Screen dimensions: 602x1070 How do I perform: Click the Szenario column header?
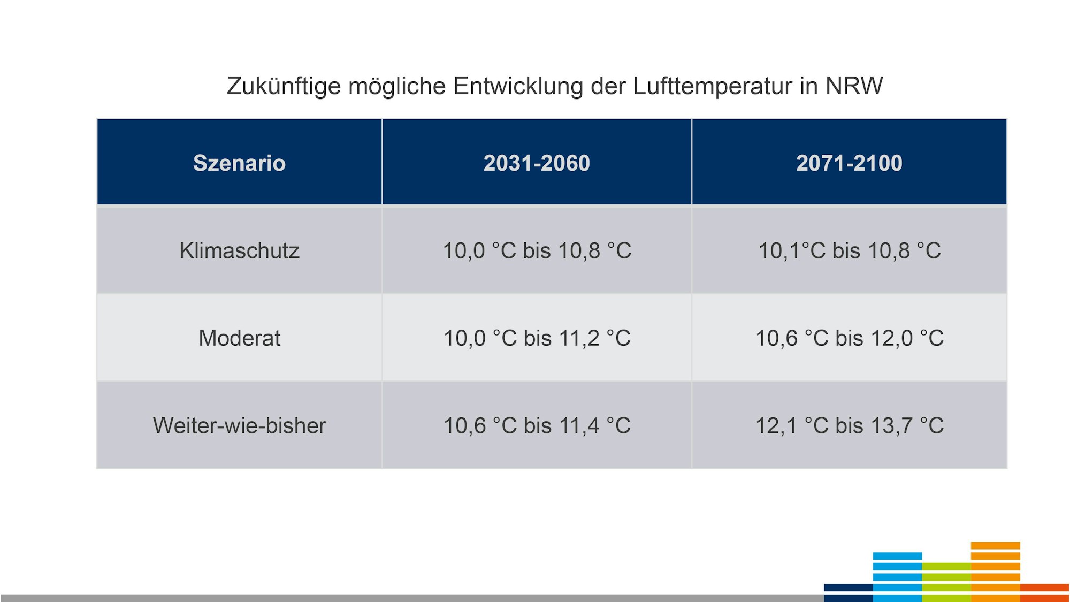click(239, 163)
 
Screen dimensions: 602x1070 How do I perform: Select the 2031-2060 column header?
click(537, 163)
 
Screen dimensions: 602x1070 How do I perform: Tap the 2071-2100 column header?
click(849, 163)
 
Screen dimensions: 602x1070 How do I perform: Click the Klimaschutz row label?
click(239, 250)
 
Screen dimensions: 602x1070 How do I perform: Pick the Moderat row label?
click(239, 338)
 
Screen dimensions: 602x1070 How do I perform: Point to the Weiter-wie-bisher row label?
click(239, 425)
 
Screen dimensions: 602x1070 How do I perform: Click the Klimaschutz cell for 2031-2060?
click(537, 250)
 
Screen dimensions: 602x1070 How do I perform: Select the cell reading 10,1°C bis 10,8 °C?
click(849, 250)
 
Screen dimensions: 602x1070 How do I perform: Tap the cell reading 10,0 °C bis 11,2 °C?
click(537, 338)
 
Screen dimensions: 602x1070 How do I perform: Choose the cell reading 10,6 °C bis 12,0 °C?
click(849, 338)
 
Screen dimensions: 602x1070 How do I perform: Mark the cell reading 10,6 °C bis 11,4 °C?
click(537, 425)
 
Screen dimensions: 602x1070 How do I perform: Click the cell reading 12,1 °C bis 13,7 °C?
click(849, 425)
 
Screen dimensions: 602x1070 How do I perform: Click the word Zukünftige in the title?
click(284, 86)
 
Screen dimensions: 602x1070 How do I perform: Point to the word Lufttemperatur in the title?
click(712, 86)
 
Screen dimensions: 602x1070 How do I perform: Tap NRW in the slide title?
click(854, 86)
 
